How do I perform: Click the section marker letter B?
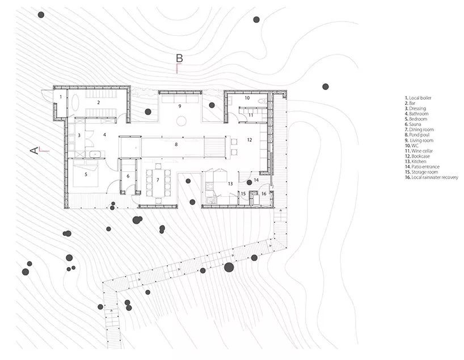179,58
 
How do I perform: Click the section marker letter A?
34,150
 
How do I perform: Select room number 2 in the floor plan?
98,102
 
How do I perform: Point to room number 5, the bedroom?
86,174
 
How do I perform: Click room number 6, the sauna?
128,176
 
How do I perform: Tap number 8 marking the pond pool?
176,145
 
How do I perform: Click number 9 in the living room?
179,106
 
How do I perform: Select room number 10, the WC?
247,98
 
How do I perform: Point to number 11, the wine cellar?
250,115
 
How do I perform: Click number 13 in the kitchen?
230,183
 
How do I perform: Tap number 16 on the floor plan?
263,193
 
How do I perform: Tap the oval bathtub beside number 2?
76,103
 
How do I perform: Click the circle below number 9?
183,120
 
